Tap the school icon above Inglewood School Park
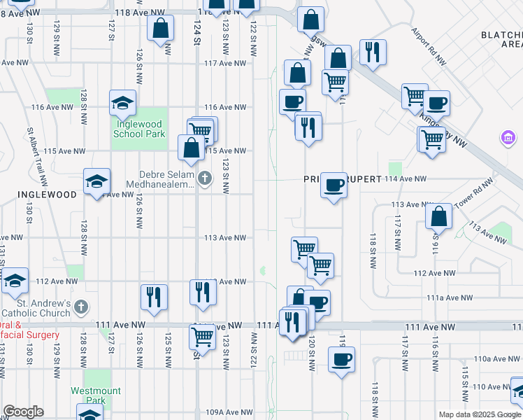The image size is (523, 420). point(122,103)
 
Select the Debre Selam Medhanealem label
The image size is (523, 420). point(160,179)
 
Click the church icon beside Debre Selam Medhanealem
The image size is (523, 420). point(204,178)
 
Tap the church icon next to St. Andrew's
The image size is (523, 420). point(81,307)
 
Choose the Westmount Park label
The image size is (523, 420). point(95,395)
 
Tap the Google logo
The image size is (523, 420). point(23,412)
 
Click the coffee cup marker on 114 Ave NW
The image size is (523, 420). point(334,184)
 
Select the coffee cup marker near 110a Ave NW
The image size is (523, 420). point(341,360)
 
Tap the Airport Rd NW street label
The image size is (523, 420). point(429,47)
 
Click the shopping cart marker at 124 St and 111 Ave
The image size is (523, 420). point(202,337)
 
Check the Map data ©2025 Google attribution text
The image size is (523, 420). point(479,414)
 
